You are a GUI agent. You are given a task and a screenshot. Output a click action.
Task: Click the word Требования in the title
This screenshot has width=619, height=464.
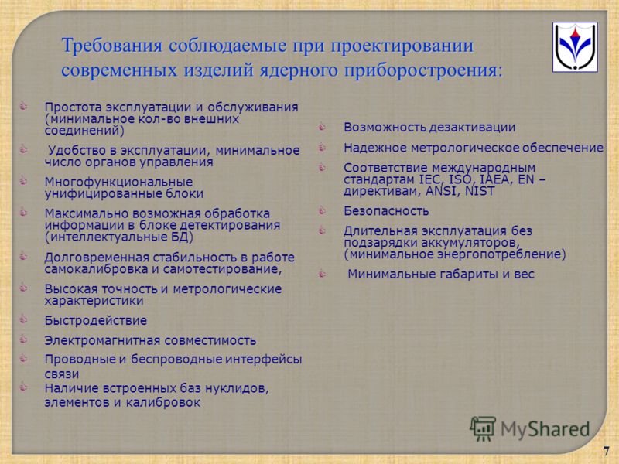(112, 46)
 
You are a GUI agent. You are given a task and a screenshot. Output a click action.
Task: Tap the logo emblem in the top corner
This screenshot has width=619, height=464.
(575, 47)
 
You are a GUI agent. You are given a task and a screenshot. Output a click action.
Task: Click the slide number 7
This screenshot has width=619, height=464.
(606, 452)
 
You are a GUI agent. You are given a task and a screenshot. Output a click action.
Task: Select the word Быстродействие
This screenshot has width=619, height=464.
(95, 320)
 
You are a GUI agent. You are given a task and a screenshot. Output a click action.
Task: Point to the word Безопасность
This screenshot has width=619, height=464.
(386, 211)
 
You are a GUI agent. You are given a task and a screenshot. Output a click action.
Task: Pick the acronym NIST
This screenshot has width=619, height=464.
(479, 191)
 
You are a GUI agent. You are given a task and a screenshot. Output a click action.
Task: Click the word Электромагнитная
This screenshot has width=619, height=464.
(101, 340)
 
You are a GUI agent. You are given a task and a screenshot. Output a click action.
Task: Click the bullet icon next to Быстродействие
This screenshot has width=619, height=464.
(24, 319)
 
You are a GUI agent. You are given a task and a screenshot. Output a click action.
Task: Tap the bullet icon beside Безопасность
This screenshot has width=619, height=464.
(323, 210)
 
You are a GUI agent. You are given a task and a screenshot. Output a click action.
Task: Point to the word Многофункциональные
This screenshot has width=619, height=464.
(118, 182)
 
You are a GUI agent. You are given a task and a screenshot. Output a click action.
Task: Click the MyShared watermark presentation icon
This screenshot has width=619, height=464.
(483, 428)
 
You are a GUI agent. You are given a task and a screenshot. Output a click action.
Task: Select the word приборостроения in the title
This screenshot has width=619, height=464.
(424, 71)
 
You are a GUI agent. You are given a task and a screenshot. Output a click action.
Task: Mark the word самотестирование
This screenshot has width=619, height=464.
(222, 269)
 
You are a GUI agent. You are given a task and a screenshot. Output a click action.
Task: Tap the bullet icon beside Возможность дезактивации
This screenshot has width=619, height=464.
(323, 126)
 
